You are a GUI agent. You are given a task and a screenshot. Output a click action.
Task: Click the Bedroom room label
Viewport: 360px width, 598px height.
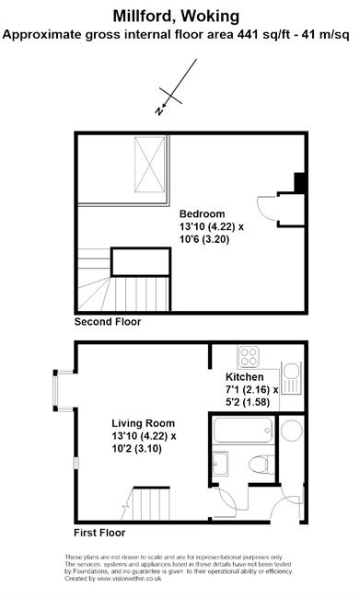tap(202, 213)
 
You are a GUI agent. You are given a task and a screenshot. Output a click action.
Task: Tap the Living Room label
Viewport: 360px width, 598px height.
tap(143, 423)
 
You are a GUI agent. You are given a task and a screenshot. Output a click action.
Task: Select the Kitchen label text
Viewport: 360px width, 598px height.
tap(245, 377)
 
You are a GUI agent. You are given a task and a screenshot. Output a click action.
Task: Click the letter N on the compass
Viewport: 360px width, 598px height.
tap(158, 111)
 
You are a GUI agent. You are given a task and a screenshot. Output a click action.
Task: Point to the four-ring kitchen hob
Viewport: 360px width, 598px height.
tap(249, 357)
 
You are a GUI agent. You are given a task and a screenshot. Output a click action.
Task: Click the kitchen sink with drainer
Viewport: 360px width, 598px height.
tap(291, 378)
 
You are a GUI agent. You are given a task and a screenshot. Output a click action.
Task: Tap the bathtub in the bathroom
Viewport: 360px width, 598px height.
tap(243, 430)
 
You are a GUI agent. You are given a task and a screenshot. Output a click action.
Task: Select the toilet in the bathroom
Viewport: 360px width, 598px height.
tap(261, 464)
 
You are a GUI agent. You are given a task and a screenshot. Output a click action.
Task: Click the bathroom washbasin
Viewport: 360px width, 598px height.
tap(220, 464)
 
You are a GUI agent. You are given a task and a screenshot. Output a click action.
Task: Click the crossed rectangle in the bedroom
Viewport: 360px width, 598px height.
tap(150, 165)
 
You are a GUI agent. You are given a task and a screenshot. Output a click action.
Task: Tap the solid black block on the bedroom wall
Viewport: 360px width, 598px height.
tap(299, 183)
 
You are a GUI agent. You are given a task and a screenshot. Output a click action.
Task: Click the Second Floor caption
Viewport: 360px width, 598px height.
tap(108, 322)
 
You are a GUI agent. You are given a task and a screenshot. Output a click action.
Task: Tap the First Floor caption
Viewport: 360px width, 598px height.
tap(99, 533)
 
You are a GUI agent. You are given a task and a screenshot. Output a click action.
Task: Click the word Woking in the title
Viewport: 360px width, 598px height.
tap(210, 17)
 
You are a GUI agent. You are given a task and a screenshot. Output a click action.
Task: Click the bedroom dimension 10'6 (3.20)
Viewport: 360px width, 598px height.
tap(204, 239)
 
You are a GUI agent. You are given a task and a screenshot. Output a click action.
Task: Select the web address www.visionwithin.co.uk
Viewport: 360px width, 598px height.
tap(129, 579)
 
